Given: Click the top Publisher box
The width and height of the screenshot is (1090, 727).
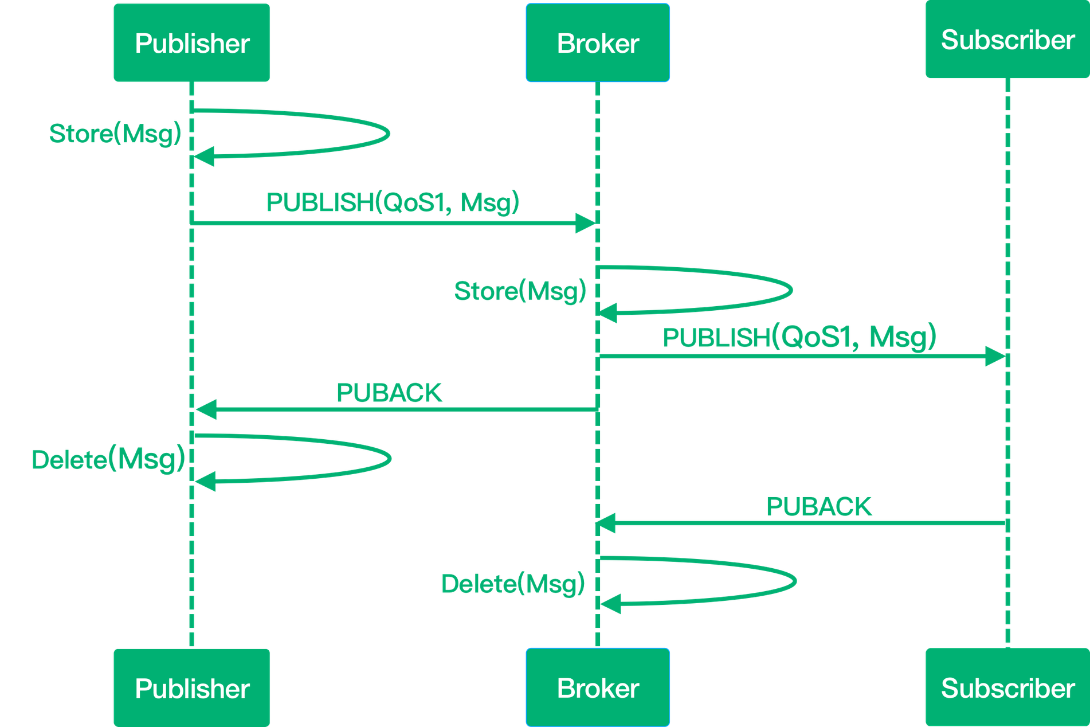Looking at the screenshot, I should pos(191,43).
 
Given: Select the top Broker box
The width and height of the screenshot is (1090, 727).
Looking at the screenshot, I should pos(598,43).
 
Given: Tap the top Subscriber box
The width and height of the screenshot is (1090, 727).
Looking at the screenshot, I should pos(1007,40).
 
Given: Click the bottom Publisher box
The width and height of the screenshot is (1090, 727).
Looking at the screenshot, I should pos(191,687).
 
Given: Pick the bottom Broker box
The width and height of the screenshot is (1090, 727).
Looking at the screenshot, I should pos(598,687).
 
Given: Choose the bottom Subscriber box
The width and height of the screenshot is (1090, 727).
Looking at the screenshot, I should pos(1007,687).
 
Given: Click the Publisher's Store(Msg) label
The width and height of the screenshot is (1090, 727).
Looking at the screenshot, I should pos(115,134).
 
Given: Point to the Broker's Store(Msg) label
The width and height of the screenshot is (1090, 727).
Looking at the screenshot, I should pos(520,291).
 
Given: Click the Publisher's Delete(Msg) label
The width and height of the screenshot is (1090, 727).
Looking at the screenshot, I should pos(108,459).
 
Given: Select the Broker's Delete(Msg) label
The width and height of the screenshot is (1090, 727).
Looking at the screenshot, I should pos(513,583).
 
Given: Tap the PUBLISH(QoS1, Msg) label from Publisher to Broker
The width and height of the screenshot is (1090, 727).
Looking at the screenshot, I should pos(393,202).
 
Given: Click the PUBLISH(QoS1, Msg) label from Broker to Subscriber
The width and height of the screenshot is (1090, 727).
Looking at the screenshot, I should pos(799,337).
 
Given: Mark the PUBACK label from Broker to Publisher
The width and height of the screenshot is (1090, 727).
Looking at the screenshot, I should pos(389,393).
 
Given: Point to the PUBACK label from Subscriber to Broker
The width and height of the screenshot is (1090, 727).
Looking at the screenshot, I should pos(819,506).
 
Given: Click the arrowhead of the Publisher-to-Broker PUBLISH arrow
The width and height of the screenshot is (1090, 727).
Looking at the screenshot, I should pos(586,222).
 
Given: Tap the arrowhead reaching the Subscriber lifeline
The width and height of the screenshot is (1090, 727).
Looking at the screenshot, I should pos(995,357).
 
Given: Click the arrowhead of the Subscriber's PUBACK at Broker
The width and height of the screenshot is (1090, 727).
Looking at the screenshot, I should pos(606,523).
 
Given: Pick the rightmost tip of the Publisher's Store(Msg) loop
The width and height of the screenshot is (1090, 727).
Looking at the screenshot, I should pos(390,134).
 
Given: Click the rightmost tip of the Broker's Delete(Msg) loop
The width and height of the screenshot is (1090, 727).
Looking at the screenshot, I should pos(796,580).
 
